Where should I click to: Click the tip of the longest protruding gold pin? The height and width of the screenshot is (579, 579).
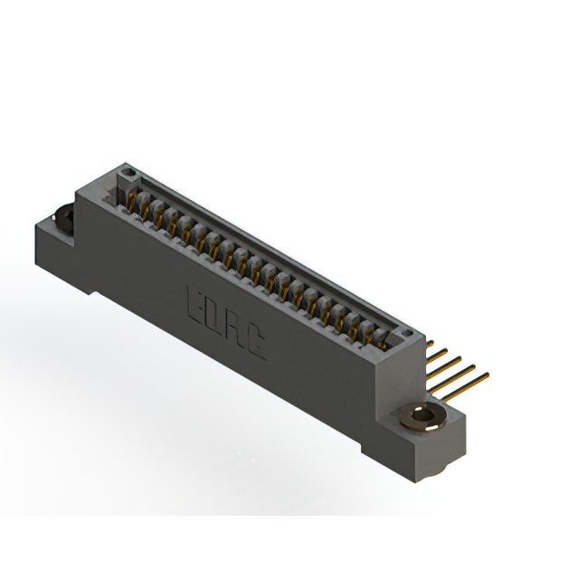click(x=489, y=374)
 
